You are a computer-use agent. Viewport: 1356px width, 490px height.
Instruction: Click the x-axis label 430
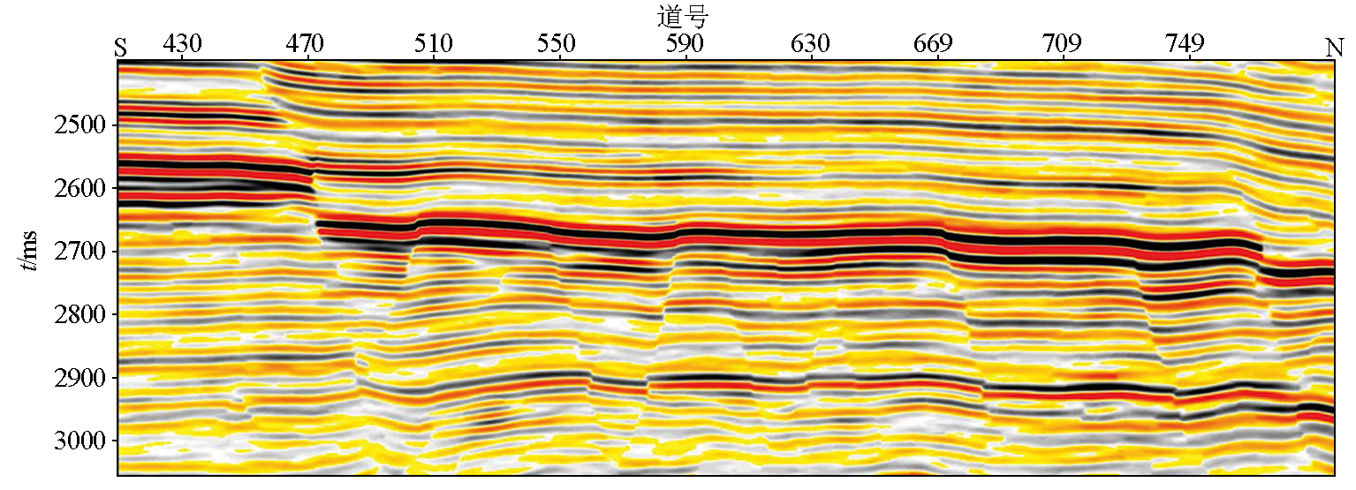182,43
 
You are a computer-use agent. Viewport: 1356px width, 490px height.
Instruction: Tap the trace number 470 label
305,43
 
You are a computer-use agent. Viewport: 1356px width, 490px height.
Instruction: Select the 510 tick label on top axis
433,43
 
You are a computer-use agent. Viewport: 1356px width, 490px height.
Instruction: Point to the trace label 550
557,43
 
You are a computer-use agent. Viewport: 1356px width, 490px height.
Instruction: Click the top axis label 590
685,43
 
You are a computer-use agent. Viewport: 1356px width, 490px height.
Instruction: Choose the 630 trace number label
811,43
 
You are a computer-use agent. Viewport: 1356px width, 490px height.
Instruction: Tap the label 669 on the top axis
934,43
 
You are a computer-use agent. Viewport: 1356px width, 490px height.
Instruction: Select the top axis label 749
1185,43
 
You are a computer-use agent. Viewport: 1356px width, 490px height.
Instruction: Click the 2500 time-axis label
80,125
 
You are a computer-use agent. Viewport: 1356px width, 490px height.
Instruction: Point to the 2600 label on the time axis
80,188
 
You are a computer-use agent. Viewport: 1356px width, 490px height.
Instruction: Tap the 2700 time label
80,251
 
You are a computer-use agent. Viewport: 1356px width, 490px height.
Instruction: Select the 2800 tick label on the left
80,314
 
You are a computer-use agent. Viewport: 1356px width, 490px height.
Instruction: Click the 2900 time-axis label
80,378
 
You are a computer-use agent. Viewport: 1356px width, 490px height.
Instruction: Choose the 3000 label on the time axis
80,441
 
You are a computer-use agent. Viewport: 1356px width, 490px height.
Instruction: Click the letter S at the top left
121,48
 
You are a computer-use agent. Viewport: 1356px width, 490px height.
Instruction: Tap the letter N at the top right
1334,47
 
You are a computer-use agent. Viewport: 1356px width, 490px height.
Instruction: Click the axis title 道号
683,16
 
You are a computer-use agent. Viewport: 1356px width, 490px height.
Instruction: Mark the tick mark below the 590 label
686,57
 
